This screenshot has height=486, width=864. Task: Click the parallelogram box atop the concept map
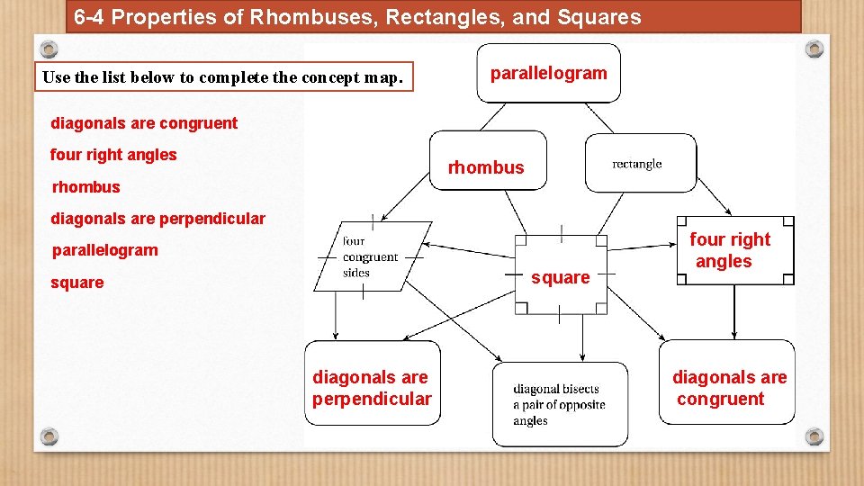tap(548, 73)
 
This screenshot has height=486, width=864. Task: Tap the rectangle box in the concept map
tap(640, 163)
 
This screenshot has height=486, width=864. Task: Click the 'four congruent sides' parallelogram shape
tap(369, 256)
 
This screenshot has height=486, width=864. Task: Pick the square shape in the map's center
tap(561, 274)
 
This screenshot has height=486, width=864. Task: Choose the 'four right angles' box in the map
tap(736, 250)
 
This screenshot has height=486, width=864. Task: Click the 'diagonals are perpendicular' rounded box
tap(373, 382)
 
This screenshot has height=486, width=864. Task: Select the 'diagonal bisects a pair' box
tap(560, 404)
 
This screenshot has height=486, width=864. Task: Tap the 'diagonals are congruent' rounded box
tap(727, 382)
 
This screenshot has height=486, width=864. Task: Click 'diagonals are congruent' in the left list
tap(144, 123)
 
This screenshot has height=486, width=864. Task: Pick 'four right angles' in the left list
tap(113, 155)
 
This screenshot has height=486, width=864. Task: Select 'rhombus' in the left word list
tap(85, 187)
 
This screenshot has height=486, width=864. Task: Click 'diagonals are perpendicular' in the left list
tap(157, 219)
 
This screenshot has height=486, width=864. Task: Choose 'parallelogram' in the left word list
tap(104, 250)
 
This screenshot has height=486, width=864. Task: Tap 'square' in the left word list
tap(77, 283)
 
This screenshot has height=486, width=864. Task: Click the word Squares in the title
tap(606, 17)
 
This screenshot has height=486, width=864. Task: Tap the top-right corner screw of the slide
tap(814, 48)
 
